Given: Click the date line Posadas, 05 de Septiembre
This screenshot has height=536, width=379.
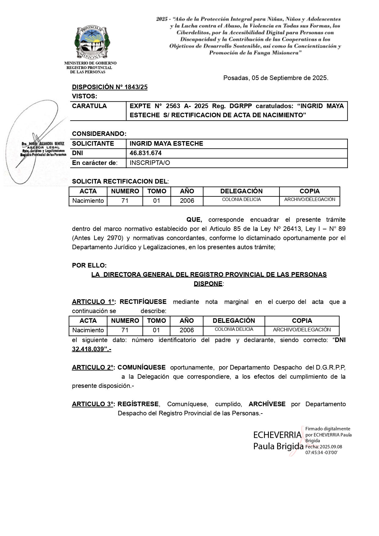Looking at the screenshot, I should point(276,78).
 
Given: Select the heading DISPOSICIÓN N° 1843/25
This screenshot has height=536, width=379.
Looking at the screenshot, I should point(110,87).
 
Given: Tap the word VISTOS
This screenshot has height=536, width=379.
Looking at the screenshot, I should point(84,96).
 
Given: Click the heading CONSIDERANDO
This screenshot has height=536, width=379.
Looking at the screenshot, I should point(99,134).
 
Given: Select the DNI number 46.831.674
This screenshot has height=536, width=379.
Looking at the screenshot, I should point(146,153).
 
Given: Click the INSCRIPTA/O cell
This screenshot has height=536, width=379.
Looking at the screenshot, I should point(150,163).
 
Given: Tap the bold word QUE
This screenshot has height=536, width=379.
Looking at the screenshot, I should point(194,220).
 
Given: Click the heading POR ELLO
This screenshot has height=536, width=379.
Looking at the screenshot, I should point(89,265).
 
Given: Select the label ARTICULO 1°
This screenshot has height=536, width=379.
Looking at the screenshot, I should point(93,302).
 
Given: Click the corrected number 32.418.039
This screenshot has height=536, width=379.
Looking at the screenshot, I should point(88,349).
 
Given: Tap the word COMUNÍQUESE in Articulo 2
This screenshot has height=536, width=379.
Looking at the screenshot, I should point(142,367).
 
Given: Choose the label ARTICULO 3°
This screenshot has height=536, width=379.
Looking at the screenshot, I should point(93,404).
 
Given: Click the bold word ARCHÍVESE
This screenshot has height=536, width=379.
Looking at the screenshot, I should point(267,404).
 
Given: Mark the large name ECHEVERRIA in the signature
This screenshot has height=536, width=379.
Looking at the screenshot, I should point(277,435).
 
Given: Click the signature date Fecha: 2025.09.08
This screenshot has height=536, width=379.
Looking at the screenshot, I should point(324,447).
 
